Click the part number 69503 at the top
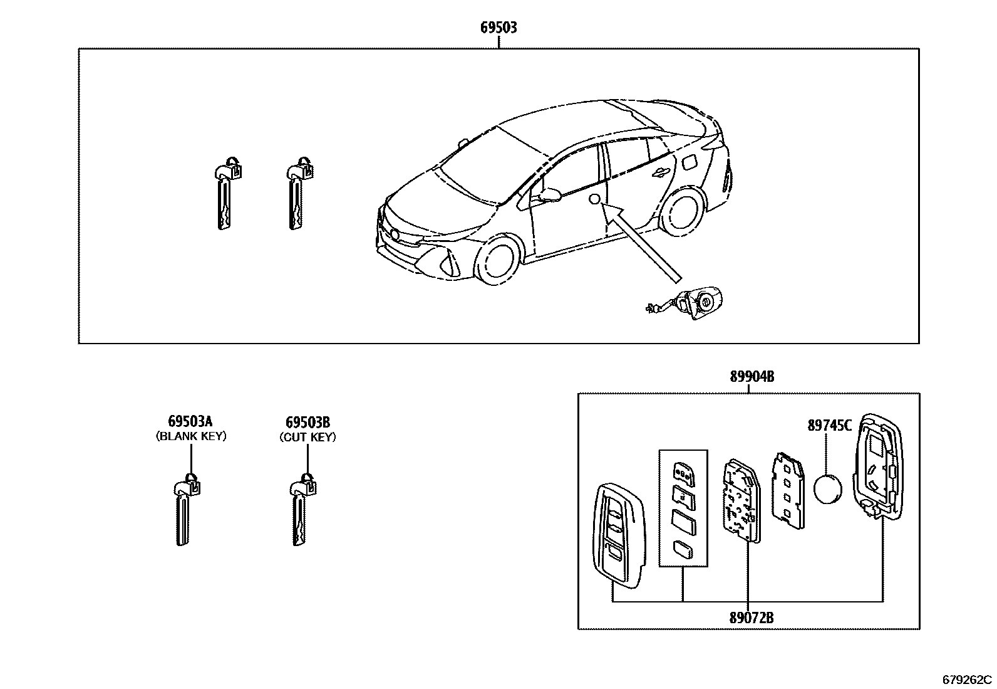point(498,28)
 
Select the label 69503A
point(190,422)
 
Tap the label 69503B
point(307,422)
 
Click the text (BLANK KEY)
point(190,436)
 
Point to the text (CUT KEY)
point(307,437)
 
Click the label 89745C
point(829,426)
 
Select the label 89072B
point(751,618)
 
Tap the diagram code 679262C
point(968,680)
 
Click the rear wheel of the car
point(681,216)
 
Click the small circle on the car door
point(596,199)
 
